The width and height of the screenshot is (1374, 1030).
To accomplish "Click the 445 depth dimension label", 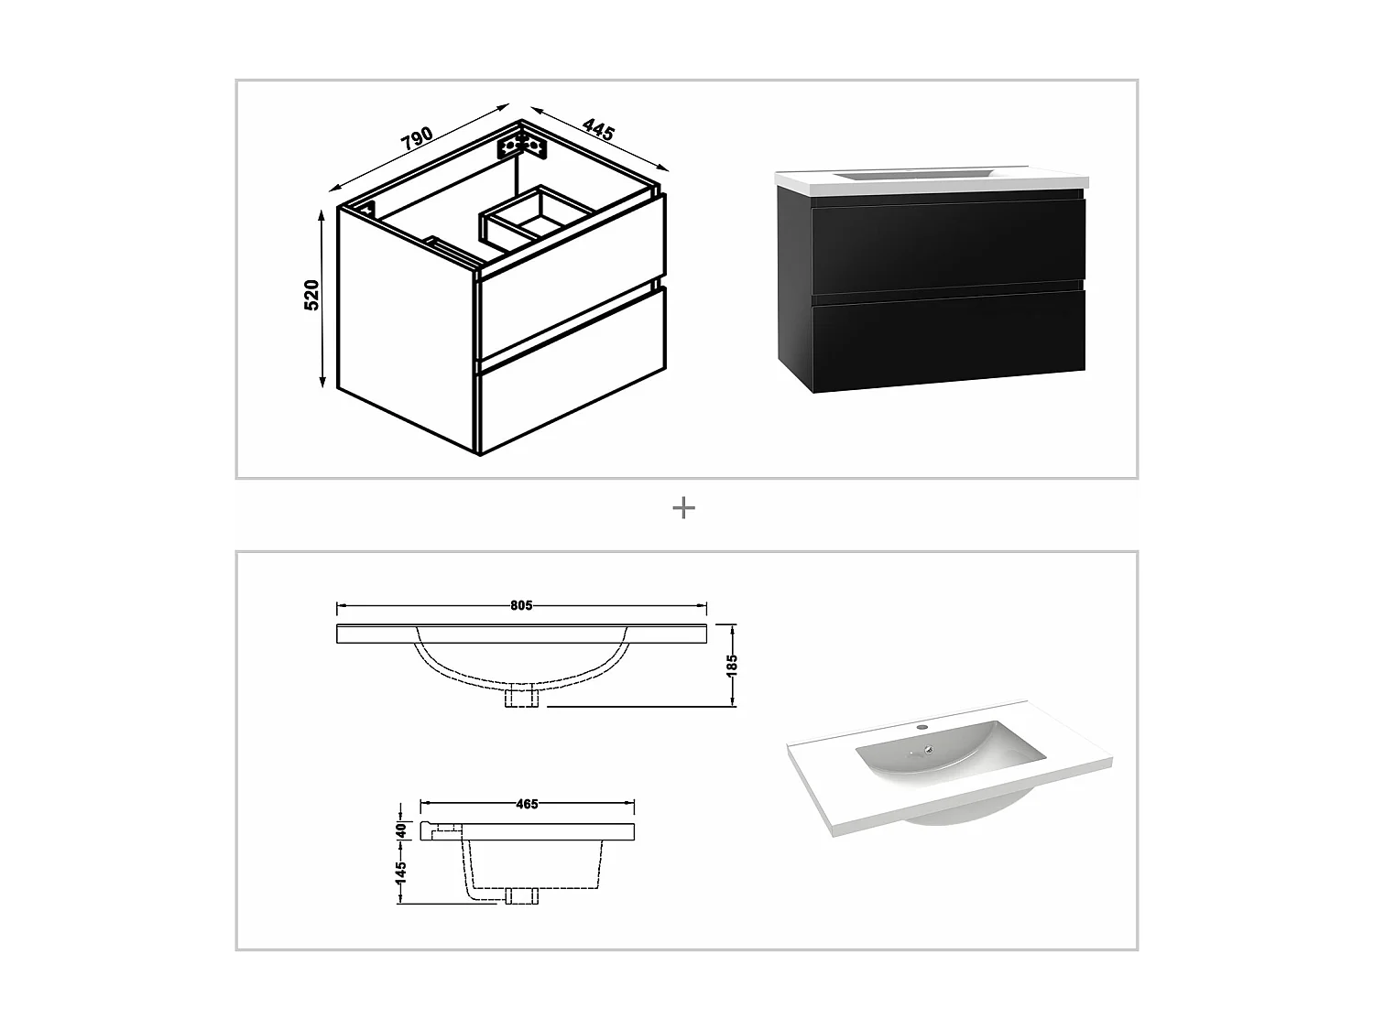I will point(597,129).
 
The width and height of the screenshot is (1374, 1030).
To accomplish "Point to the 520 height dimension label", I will point(311,295).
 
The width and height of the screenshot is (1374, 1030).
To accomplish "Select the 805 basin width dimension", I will point(521,605).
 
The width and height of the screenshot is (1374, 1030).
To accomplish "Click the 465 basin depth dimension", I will point(527,804).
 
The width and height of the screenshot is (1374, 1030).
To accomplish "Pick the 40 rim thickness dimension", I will point(400,830).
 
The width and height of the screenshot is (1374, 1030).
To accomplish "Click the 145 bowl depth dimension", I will point(400,872).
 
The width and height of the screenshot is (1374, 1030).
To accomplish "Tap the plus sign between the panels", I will point(683,508).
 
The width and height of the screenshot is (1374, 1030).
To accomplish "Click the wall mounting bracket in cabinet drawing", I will point(521,145).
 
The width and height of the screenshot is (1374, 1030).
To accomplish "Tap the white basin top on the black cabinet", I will point(930,180).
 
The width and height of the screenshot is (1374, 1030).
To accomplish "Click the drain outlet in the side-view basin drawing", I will point(518,895).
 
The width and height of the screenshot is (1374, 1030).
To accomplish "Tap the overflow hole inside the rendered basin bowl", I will point(930,750).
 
